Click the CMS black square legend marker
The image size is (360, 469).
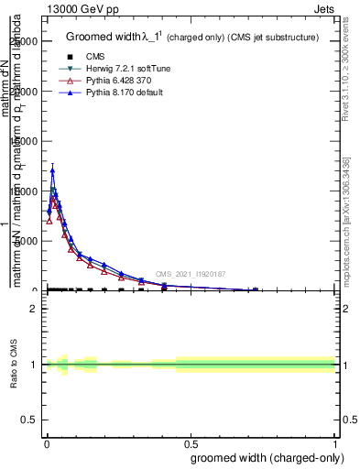point(70,58)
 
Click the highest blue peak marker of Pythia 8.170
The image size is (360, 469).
point(52,170)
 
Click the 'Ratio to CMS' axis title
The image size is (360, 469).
point(14,365)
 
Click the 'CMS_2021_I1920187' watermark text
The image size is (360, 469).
point(191,274)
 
